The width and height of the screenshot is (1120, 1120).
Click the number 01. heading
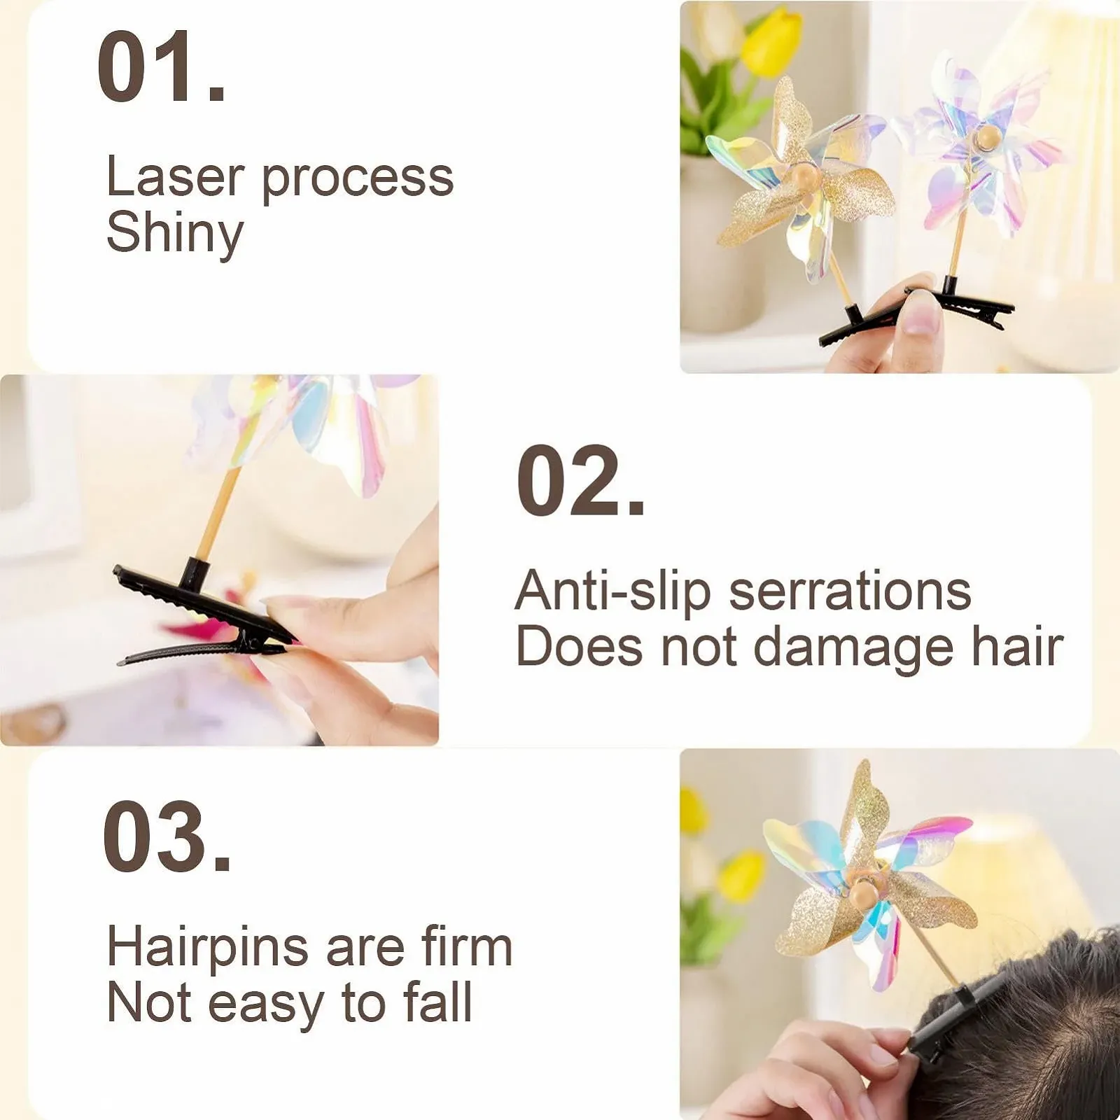pos(162,66)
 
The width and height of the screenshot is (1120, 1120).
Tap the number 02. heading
pos(580,481)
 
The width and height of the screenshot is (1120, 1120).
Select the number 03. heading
pos(167,837)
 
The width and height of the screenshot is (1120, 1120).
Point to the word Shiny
pos(175,234)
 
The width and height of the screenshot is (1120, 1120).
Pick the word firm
pos(467,946)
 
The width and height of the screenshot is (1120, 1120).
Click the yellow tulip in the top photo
pos(771,43)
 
